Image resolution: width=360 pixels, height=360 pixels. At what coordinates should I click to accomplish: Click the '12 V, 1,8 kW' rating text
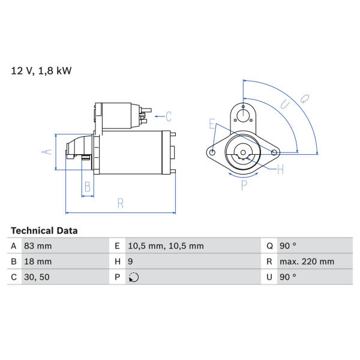coord(41,71)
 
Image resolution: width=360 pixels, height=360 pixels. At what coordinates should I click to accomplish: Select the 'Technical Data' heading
coord(44,231)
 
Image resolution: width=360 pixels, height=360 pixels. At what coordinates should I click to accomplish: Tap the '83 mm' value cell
coord(38,246)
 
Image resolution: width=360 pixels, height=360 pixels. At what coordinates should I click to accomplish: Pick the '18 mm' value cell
coord(38,262)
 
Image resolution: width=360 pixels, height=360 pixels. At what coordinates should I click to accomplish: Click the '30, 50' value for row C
coord(37,277)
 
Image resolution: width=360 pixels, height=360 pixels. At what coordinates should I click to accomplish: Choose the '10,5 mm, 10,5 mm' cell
coord(166,246)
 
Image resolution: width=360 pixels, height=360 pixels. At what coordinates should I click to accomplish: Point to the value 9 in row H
coord(130,262)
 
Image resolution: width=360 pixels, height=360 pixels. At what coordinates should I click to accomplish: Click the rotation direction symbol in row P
coord(134,277)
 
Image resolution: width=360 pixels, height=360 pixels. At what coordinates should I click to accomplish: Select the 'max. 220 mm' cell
coord(307,262)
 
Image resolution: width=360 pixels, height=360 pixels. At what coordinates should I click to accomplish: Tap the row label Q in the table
coord(269,246)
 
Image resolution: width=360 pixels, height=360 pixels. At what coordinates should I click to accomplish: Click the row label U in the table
coord(269,277)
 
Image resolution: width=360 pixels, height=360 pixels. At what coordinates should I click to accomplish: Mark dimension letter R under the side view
coord(121,203)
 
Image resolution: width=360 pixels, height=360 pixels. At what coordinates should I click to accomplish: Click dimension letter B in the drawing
coord(88,187)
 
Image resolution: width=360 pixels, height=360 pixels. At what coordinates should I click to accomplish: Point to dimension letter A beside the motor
coord(47,152)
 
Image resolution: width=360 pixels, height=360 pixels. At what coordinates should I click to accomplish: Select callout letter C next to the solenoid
coord(169,116)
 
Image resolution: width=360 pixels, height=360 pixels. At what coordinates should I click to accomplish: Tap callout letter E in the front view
coord(212,124)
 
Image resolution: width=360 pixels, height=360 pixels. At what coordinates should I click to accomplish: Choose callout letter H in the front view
coord(280,169)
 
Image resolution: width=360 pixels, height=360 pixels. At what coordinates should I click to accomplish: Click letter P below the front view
coord(244,185)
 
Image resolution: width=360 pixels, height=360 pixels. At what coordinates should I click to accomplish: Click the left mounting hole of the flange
coord(212,152)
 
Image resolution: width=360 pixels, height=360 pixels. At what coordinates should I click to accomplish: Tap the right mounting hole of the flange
coord(274,152)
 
